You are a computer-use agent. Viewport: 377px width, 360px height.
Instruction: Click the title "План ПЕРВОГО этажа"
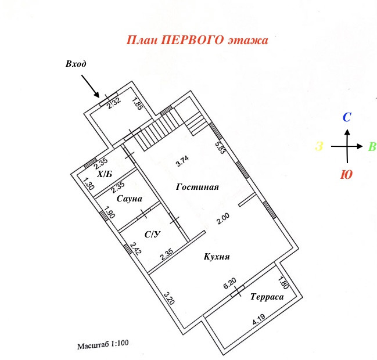[198, 41]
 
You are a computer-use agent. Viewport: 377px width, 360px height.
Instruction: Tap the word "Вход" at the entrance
[76, 64]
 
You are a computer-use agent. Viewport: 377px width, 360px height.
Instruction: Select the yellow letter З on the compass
[319, 147]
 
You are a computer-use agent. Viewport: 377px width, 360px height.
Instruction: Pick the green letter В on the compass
[372, 147]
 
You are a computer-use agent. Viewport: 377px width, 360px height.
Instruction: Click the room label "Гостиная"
[198, 187]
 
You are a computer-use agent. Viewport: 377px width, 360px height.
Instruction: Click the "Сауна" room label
[130, 199]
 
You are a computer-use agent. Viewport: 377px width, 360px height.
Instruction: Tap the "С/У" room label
[152, 234]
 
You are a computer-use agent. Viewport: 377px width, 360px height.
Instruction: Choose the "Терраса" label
[267, 297]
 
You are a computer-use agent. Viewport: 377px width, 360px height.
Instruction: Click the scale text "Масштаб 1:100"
[102, 345]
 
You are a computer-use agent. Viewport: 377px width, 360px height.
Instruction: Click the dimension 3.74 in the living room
[182, 161]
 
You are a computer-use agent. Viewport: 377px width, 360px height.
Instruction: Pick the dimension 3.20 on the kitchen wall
[168, 298]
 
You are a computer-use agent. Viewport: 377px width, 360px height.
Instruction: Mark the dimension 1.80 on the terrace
[283, 284]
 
